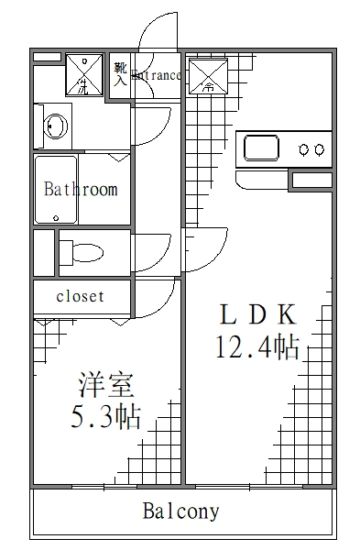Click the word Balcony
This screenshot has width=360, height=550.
(x=180, y=511)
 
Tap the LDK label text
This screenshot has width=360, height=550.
(x=257, y=314)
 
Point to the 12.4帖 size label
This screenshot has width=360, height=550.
(x=257, y=348)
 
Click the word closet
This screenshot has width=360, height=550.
(x=80, y=297)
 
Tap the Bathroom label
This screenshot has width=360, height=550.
(x=81, y=190)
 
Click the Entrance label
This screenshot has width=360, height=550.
(x=157, y=76)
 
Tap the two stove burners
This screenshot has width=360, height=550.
(x=311, y=148)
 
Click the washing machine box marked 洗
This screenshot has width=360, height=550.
(x=84, y=74)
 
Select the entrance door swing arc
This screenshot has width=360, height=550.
(x=156, y=32)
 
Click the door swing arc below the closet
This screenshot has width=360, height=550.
(x=158, y=298)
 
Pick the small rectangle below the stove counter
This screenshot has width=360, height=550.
(x=311, y=180)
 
